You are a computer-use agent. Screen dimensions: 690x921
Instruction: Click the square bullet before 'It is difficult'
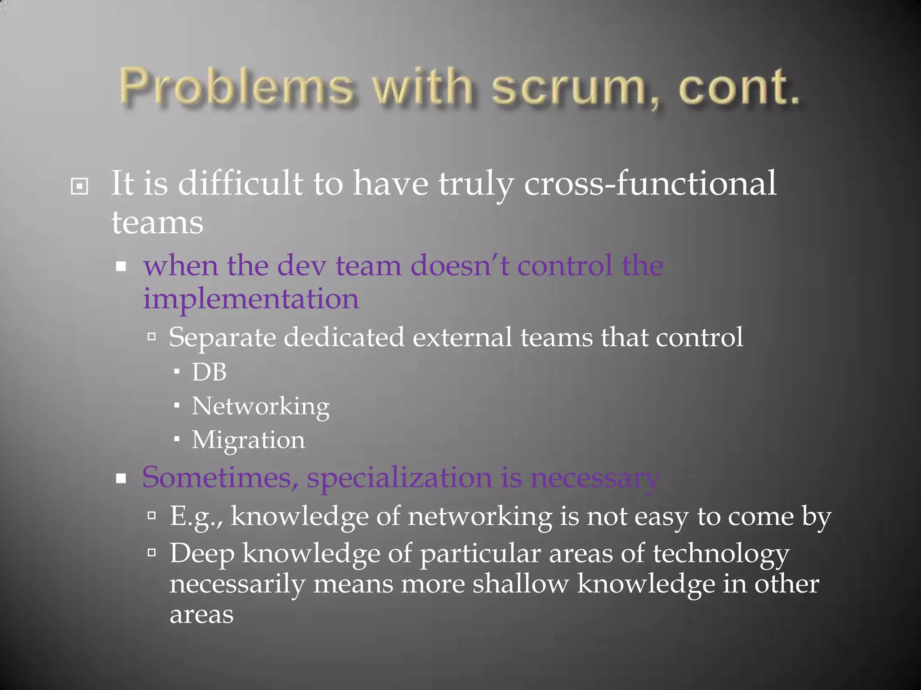click(80, 186)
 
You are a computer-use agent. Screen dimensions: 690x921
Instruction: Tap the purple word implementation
click(251, 299)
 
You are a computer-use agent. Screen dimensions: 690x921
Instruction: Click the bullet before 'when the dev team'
click(121, 267)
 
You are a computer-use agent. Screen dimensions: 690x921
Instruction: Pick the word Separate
click(222, 337)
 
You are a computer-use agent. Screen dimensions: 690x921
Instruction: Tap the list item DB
click(209, 372)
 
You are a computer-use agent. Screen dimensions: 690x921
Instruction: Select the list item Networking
click(260, 407)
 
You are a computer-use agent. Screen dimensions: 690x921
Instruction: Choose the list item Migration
click(248, 440)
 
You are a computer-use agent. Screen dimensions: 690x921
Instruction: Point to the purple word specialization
click(399, 478)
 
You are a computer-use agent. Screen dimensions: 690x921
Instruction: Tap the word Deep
click(202, 553)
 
